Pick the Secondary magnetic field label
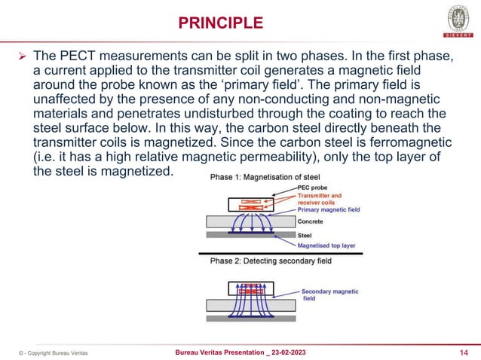point(329,294)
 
